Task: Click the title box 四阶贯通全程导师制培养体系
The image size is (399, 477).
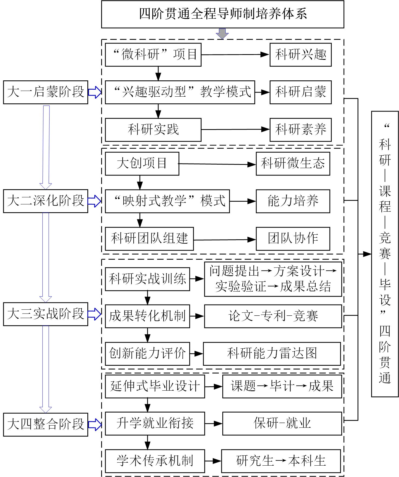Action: pyautogui.click(x=222, y=14)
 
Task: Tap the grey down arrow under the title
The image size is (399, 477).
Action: pyautogui.click(x=222, y=34)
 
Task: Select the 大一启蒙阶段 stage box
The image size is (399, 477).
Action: pyautogui.click(x=45, y=92)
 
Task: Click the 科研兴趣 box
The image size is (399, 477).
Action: pyautogui.click(x=300, y=55)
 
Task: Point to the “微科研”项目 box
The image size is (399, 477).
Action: pyautogui.click(x=153, y=55)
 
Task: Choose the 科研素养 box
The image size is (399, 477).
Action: pyautogui.click(x=300, y=130)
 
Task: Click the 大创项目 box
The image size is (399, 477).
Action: pyautogui.click(x=142, y=164)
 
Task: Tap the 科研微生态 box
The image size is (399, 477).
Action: pyautogui.click(x=293, y=164)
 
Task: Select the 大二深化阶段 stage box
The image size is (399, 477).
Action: pyautogui.click(x=45, y=201)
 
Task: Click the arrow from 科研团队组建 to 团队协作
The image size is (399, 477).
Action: pyautogui.click(x=225, y=240)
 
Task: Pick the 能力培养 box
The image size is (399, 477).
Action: pyautogui.click(x=293, y=201)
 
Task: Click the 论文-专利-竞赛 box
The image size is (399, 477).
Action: pyautogui.click(x=273, y=316)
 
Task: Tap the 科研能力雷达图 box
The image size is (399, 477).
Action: pyautogui.click(x=272, y=354)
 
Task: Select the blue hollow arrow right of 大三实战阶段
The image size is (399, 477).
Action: pyautogui.click(x=94, y=314)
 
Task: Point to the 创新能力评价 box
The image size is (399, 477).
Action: pyautogui.click(x=147, y=354)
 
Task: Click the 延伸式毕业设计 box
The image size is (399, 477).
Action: pyautogui.click(x=155, y=386)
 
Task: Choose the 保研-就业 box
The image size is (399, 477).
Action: pyautogui.click(x=282, y=424)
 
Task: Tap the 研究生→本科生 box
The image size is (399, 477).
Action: pyautogui.click(x=281, y=461)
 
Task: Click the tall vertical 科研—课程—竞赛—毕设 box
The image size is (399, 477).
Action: pyautogui.click(x=385, y=254)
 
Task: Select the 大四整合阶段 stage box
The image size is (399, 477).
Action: pyautogui.click(x=45, y=424)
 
